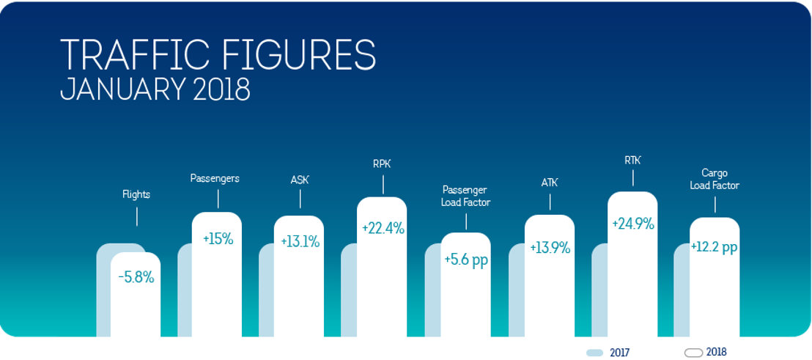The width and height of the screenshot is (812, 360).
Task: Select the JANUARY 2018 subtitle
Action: coord(155,89)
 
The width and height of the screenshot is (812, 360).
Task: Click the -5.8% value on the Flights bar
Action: coord(136,278)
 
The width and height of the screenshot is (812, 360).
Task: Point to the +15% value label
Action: coord(218,239)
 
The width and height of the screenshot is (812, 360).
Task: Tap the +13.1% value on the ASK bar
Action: coord(300,241)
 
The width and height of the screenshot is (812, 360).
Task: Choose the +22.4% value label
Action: coord(383,228)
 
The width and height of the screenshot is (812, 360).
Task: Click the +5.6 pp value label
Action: coord(466,260)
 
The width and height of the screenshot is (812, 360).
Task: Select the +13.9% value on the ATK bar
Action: coord(550,248)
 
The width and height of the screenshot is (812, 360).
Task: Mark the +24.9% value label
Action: coord(633,224)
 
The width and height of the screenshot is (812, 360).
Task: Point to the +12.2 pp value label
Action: coord(715,247)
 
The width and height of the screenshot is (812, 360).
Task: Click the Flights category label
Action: coord(136,194)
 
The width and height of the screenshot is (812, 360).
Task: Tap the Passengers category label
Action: coord(215,178)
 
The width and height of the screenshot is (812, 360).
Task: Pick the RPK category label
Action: coord(382,164)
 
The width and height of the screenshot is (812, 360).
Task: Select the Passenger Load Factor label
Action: coord(465,196)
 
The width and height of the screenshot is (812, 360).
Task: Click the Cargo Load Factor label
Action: coord(715,180)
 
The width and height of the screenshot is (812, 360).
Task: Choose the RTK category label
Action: coord(632,159)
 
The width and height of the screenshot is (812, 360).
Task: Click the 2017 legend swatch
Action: coord(594,353)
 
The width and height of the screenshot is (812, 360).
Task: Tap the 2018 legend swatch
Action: coord(693,353)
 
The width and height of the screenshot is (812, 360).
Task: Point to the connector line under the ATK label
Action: coord(550,202)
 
